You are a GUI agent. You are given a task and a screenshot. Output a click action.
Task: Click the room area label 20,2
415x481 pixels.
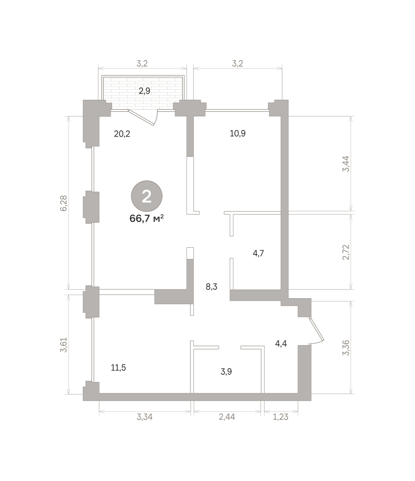[122, 134]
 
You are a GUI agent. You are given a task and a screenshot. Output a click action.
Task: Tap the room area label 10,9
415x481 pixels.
[238, 133]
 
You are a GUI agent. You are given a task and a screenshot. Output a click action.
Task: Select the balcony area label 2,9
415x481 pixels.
[145, 91]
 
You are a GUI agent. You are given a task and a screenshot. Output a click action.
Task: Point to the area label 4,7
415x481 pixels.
[258, 253]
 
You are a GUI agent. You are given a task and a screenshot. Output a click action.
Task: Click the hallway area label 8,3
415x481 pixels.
[212, 287]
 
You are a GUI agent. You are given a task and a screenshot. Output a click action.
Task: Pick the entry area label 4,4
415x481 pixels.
[281, 344]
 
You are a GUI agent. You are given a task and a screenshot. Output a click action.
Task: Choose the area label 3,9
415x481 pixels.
[226, 372]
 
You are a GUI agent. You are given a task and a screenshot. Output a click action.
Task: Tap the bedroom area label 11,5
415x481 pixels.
[119, 368]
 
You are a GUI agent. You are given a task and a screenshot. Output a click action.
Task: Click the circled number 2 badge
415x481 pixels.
[147, 196]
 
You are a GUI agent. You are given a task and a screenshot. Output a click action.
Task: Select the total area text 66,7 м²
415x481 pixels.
[147, 219]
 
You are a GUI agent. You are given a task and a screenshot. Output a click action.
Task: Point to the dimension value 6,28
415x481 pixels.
[64, 203]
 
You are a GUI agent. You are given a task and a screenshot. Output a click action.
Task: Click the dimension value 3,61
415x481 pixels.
[64, 345]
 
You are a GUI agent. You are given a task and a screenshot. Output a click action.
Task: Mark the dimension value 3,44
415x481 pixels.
[346, 164]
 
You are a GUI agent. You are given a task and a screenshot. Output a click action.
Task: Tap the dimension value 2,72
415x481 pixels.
[346, 252]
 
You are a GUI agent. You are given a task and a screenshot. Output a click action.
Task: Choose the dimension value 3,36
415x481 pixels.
[346, 348]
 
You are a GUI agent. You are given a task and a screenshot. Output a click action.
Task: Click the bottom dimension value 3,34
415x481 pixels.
[145, 417]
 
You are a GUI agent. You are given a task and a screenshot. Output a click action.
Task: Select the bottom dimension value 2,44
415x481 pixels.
[227, 417]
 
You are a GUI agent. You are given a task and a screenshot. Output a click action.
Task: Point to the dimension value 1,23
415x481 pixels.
[280, 417]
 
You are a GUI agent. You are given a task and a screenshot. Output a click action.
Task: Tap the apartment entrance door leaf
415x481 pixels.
[316, 329]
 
